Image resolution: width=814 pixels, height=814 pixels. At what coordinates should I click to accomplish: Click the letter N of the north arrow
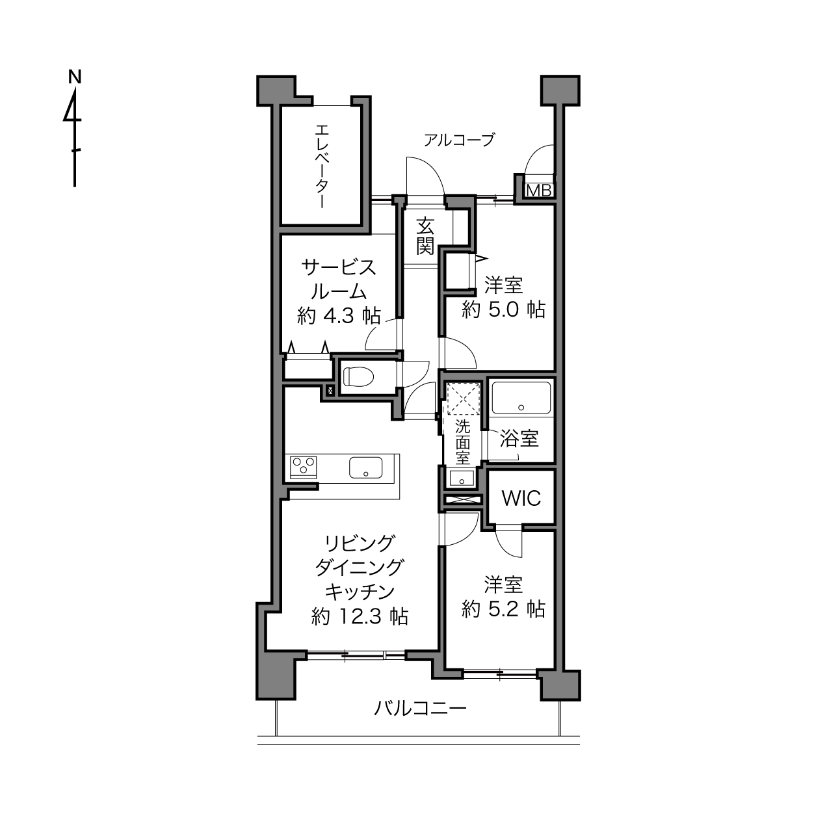[75, 77]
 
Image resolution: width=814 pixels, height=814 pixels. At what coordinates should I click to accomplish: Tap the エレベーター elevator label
[323, 166]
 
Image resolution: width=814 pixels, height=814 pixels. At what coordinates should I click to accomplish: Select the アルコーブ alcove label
[459, 139]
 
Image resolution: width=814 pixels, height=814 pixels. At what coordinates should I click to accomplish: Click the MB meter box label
[538, 191]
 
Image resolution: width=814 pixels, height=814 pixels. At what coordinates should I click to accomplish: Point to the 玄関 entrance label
[425, 237]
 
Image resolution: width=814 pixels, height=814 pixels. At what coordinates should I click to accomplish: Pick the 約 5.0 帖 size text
[503, 309]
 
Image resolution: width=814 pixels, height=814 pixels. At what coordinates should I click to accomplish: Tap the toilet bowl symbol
[359, 376]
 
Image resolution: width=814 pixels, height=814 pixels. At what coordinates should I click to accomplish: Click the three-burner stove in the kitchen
[303, 467]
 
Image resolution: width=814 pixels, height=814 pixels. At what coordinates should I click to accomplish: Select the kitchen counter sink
[366, 467]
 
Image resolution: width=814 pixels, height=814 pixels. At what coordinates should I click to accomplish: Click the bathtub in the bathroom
[521, 398]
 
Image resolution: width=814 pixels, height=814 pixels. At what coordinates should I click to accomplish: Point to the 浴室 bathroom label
[519, 438]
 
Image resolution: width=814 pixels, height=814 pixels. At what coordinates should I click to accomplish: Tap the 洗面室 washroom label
[462, 443]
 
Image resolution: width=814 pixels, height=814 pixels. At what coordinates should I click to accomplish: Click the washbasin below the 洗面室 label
[461, 479]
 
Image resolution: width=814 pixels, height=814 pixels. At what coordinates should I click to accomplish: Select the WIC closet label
[521, 499]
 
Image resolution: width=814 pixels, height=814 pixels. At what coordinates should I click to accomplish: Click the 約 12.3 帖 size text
[360, 616]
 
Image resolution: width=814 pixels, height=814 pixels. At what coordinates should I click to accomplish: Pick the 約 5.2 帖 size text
[503, 609]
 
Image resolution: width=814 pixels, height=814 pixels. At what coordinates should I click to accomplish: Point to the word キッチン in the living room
[360, 592]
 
